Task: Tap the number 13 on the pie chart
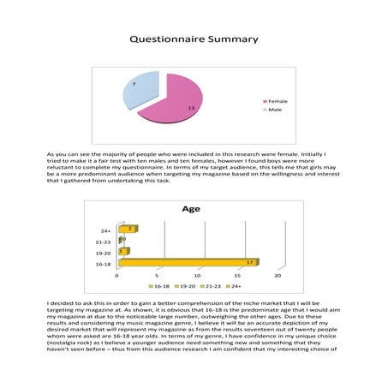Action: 191,108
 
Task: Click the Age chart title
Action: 191,208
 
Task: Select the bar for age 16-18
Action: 184,262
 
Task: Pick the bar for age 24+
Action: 126,229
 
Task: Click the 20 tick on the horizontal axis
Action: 277,277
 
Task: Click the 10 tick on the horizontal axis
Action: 198,277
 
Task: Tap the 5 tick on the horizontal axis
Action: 158,277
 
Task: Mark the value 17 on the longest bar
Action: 248,262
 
